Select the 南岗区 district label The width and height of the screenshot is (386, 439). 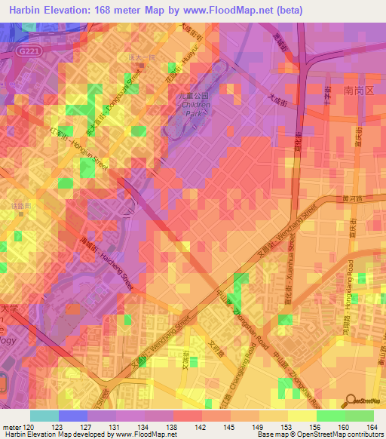(358, 89)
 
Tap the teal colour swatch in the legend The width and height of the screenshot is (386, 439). (44, 416)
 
